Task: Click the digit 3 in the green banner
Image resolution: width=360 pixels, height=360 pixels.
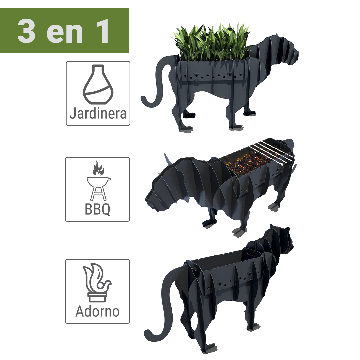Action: pos(26,31)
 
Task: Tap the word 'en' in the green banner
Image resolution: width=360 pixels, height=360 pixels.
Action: pos(65,34)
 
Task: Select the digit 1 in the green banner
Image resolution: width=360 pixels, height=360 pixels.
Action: pos(102,31)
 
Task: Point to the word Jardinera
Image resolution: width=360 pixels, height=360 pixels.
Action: pos(98,113)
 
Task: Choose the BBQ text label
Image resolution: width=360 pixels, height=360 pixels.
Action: pos(98,209)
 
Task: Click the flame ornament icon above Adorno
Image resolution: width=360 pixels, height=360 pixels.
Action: pos(97,282)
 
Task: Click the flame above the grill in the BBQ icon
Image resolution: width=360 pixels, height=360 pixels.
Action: pos(98,168)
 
